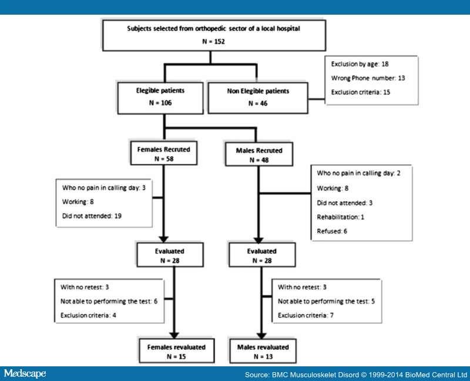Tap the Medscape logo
point(24,373)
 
